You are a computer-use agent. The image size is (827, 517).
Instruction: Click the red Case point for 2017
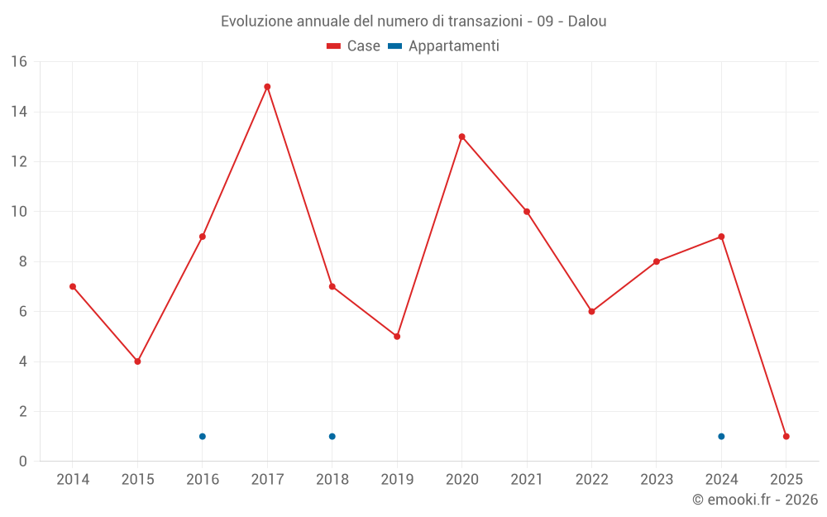267,87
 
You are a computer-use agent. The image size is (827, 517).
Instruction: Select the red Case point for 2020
461,136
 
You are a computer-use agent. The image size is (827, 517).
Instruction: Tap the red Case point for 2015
137,361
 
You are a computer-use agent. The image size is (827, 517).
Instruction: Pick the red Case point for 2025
786,436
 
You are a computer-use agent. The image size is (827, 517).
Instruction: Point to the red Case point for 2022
591,312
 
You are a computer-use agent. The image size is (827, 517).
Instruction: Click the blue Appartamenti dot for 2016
203,436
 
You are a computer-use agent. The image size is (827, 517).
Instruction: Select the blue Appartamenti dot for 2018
332,436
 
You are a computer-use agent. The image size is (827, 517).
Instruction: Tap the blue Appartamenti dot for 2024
721,436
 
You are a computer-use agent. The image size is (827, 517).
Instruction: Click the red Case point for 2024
721,237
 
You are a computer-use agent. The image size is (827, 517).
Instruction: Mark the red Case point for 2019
397,337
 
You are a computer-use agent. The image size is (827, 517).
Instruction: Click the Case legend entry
354,46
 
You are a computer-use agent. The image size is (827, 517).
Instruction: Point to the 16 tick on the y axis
19,62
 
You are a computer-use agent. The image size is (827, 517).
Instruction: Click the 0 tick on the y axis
23,462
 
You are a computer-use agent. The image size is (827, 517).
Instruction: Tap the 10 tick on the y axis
19,212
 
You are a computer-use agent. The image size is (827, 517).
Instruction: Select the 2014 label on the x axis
73,480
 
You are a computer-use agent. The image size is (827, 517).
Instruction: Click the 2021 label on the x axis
527,480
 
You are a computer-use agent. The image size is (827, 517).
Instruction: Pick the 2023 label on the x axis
657,480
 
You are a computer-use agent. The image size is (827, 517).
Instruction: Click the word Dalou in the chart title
586,22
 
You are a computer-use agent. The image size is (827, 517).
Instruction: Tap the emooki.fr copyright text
754,500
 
